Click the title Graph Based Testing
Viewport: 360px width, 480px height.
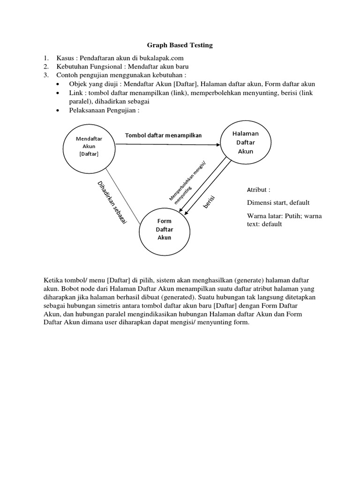click(180, 45)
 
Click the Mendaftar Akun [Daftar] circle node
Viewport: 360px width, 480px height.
click(89, 146)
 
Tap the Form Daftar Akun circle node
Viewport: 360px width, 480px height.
click(164, 229)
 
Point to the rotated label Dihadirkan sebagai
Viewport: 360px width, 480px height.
click(112, 202)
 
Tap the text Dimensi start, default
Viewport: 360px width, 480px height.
click(278, 202)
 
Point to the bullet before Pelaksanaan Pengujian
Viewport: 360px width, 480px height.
click(57, 110)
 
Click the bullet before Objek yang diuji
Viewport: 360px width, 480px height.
click(57, 84)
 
